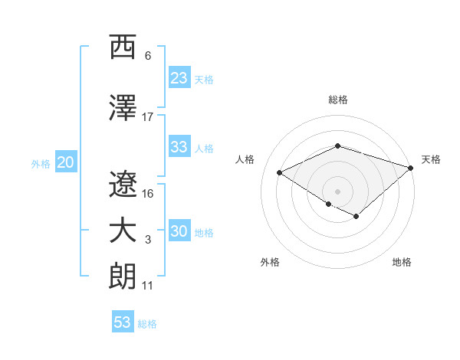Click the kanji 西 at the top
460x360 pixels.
(123, 47)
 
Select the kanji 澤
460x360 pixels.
(123, 108)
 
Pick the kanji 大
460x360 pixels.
(123, 231)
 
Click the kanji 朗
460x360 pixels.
(123, 277)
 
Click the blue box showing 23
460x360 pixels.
(179, 78)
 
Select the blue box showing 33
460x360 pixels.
(179, 147)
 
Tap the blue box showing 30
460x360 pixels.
(179, 231)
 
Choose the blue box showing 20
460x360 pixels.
(65, 162)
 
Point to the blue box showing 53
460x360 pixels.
(122, 322)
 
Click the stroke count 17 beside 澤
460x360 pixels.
(148, 117)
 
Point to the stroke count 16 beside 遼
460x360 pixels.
(148, 194)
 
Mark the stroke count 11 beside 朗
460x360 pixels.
(148, 286)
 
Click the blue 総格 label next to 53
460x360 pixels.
(147, 324)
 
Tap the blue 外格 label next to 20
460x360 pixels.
(41, 163)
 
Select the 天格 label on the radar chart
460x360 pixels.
(431, 159)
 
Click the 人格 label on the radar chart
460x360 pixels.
(245, 159)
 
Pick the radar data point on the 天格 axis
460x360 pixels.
(412, 166)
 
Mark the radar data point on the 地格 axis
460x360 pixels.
(356, 217)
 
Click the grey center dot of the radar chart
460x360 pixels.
(337, 191)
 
